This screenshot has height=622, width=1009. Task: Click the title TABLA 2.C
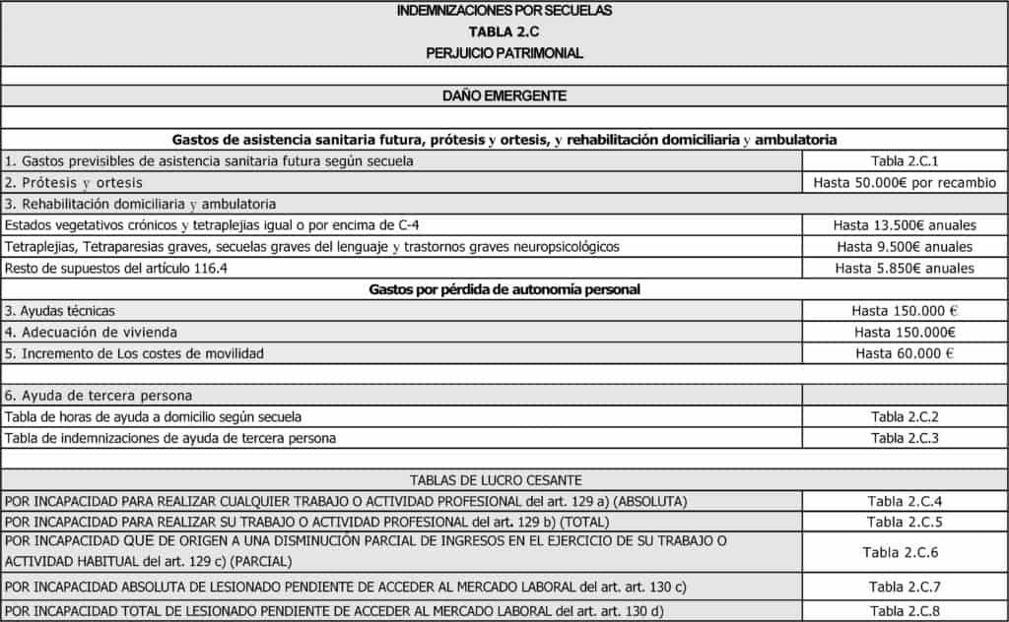coord(504,31)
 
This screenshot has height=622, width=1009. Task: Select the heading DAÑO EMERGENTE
coord(504,95)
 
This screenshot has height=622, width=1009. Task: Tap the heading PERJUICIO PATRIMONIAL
coord(504,53)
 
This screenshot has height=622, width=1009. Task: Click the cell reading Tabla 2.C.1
coord(905,160)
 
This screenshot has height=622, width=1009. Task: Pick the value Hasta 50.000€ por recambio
coord(905,182)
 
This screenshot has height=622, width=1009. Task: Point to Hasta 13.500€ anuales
coord(905,224)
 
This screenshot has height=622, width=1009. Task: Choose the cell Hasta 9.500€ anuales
coord(905,246)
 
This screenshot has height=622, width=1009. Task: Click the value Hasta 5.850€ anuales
coord(905,268)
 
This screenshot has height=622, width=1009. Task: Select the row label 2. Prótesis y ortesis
coord(74,182)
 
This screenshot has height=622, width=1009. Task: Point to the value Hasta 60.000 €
coord(905,353)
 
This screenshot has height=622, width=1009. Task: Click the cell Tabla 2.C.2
coord(905,416)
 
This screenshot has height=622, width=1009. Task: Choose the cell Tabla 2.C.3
coord(905,438)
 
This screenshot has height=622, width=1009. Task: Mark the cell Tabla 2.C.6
coord(905,551)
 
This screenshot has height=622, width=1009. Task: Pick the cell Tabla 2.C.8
coord(905,610)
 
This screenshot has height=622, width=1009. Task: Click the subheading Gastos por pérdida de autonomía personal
coord(504,289)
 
